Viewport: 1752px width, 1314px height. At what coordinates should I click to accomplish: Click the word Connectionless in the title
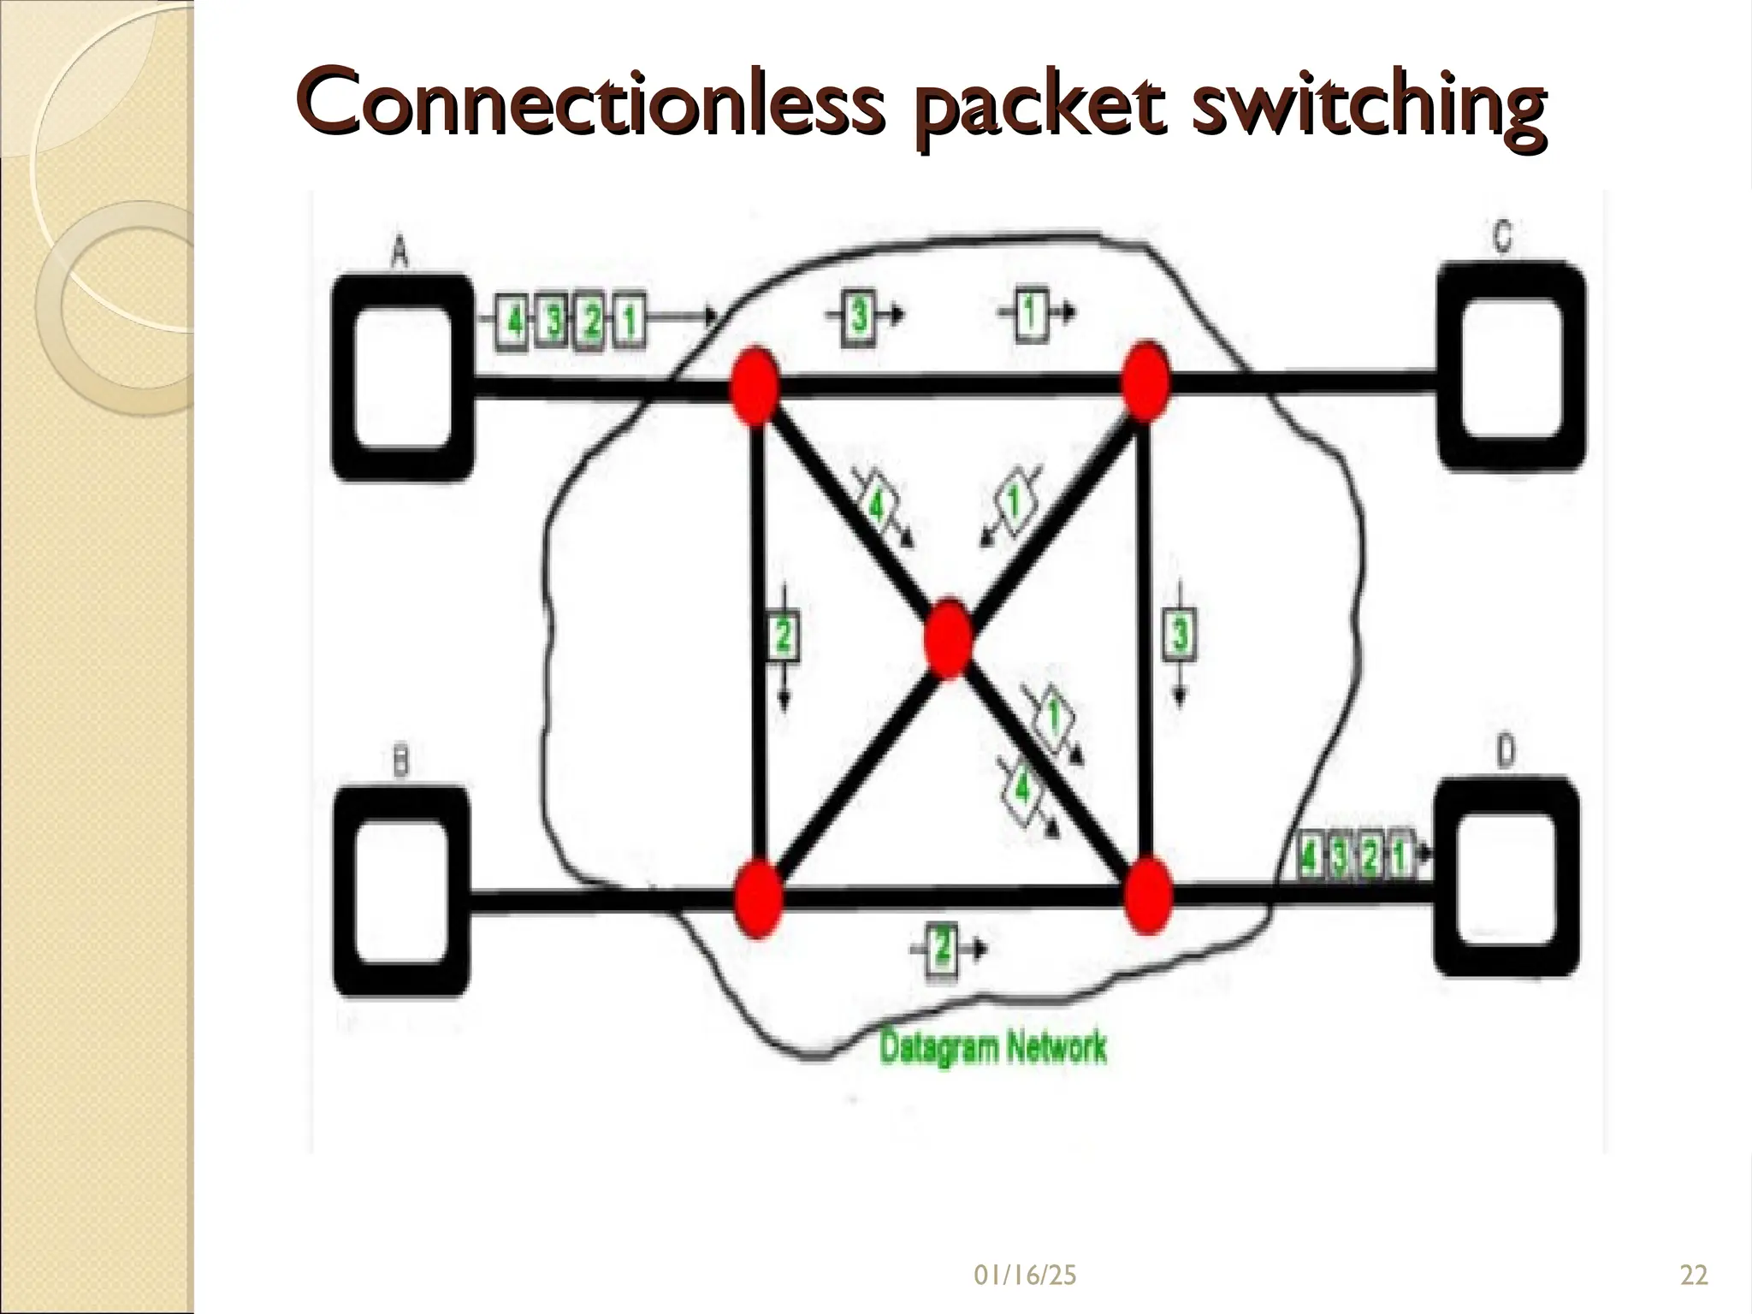click(x=589, y=106)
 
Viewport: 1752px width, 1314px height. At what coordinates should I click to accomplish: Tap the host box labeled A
click(x=402, y=376)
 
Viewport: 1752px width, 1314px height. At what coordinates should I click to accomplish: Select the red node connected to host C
click(x=1145, y=382)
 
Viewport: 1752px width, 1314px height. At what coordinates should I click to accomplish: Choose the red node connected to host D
click(x=1147, y=896)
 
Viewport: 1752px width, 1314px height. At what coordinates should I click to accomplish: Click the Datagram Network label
click(x=992, y=1047)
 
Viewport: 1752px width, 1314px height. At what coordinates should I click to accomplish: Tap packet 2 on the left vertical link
click(x=784, y=636)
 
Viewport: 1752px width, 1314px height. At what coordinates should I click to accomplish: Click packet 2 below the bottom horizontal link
click(x=941, y=948)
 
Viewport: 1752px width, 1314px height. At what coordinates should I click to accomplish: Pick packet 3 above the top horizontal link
click(x=859, y=316)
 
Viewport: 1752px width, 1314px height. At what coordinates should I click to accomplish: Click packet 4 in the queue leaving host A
click(x=514, y=323)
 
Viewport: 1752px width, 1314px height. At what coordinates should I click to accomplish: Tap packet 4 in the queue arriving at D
click(x=1308, y=855)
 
